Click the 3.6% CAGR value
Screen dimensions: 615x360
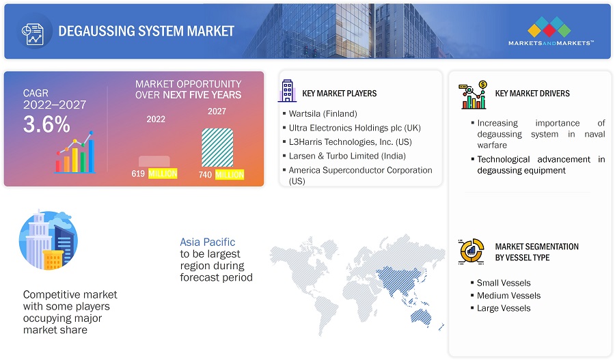click(46, 124)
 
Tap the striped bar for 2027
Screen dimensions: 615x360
click(217, 148)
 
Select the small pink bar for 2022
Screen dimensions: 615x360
click(154, 161)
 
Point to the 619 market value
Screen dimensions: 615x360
click(138, 174)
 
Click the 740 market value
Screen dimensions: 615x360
click(205, 174)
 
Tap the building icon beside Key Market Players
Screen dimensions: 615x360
click(287, 91)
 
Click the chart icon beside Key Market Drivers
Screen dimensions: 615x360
click(473, 95)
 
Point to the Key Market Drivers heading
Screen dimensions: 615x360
click(532, 94)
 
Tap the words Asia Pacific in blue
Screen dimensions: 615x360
click(208, 242)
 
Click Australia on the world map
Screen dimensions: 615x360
click(422, 317)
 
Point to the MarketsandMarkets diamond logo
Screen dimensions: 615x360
click(549, 27)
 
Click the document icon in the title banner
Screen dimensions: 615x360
click(33, 34)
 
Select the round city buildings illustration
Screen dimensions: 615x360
click(49, 240)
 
